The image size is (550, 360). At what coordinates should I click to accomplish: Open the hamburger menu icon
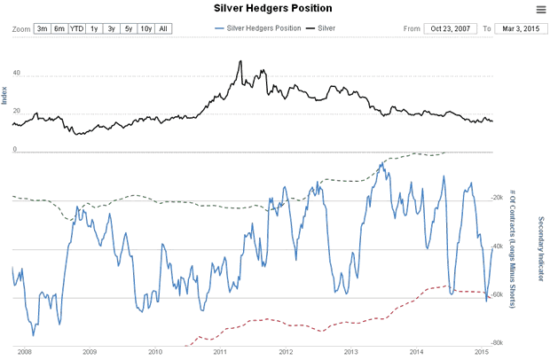tap(540, 9)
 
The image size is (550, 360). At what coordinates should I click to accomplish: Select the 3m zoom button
tap(42, 28)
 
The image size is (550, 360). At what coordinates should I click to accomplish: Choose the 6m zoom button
tap(59, 28)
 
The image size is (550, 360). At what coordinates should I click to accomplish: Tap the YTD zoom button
tap(77, 28)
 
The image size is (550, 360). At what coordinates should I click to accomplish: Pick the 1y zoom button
tap(94, 28)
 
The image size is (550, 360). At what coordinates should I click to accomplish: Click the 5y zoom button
tap(129, 28)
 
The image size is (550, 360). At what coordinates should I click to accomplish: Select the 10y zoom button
tap(146, 28)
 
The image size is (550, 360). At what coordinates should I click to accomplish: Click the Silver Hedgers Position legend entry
tap(257, 28)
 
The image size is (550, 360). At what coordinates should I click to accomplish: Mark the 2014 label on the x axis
tap(415, 352)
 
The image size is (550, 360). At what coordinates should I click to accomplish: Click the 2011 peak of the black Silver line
tap(241, 61)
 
